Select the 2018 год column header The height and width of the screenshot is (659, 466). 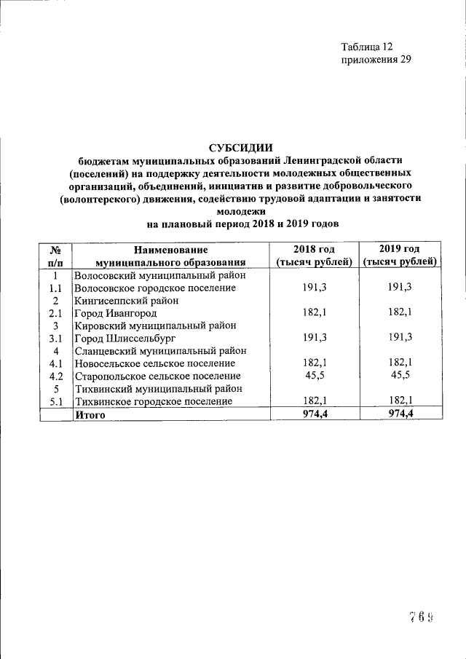(314, 256)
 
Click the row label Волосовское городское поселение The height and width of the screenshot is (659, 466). (156, 288)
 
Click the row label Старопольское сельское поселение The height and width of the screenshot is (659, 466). (158, 376)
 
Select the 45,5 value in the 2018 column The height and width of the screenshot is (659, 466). (314, 376)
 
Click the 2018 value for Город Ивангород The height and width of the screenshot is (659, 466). (314, 313)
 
